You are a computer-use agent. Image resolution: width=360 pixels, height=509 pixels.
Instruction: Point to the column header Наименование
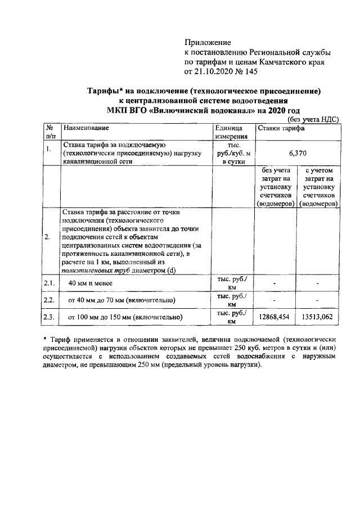click(x=87, y=129)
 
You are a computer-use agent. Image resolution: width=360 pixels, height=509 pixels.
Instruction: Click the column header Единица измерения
click(x=232, y=133)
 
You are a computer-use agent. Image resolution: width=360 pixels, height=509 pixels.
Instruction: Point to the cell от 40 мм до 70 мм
click(x=121, y=300)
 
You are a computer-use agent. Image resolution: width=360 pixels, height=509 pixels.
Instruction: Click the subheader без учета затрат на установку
click(x=276, y=186)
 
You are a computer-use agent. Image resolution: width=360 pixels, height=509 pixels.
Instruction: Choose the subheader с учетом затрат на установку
click(x=318, y=186)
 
